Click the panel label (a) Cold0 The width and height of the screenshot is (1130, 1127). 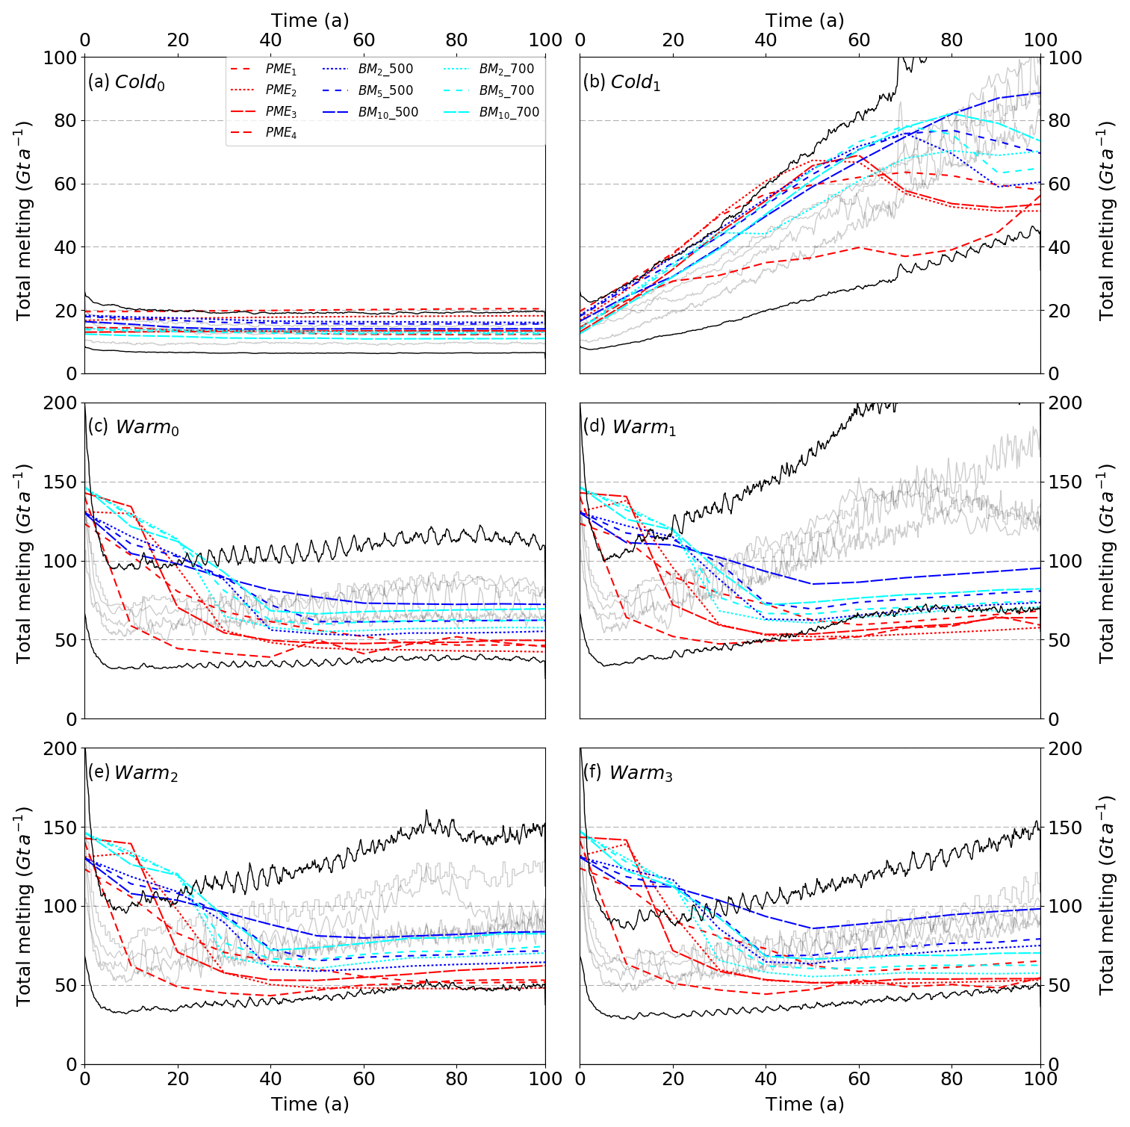click(126, 82)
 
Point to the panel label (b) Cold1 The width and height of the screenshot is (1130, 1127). click(621, 82)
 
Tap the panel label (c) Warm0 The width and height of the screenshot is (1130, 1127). click(133, 427)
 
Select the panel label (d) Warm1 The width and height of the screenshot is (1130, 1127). click(629, 427)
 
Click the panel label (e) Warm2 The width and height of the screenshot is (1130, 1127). click(133, 773)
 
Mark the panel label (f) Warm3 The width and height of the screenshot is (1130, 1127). click(627, 773)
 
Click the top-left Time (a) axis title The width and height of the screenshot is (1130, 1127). click(310, 20)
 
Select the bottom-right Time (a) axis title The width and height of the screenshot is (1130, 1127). click(805, 1104)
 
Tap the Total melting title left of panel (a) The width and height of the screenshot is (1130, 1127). click(24, 220)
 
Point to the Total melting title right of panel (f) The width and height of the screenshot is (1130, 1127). click(1106, 894)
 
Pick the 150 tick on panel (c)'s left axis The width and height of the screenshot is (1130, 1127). click(62, 482)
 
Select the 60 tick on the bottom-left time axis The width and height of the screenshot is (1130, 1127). click(364, 1078)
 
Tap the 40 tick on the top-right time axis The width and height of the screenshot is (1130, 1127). click(766, 40)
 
